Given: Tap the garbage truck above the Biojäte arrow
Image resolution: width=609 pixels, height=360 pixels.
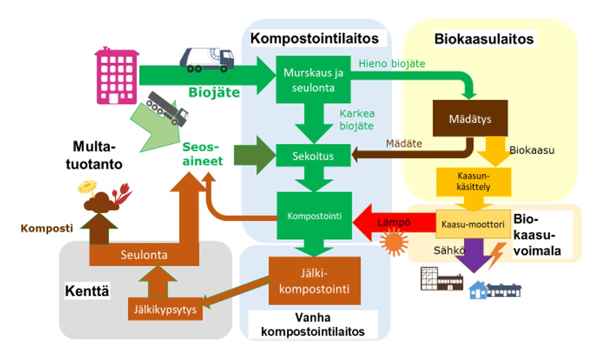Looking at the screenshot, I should [206, 60].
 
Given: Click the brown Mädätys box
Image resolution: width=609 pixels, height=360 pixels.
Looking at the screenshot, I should [470, 118].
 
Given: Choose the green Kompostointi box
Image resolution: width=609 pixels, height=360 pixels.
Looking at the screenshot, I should [314, 216].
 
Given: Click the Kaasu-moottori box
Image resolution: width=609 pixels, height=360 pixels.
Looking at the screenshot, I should [473, 224].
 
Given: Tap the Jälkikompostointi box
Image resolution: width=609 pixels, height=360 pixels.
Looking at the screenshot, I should [314, 281].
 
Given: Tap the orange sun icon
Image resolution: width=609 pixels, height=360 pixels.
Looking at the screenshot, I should [394, 242].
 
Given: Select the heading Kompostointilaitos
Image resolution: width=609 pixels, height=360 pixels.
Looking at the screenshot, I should [314, 39].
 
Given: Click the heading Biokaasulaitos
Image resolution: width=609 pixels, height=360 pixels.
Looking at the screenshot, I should [484, 39].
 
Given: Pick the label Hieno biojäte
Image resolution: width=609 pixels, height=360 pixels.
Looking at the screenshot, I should [392, 63].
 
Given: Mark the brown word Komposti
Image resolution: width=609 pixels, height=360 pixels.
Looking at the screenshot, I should [47, 228].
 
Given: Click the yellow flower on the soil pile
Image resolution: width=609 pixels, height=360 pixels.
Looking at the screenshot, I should [87, 187].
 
